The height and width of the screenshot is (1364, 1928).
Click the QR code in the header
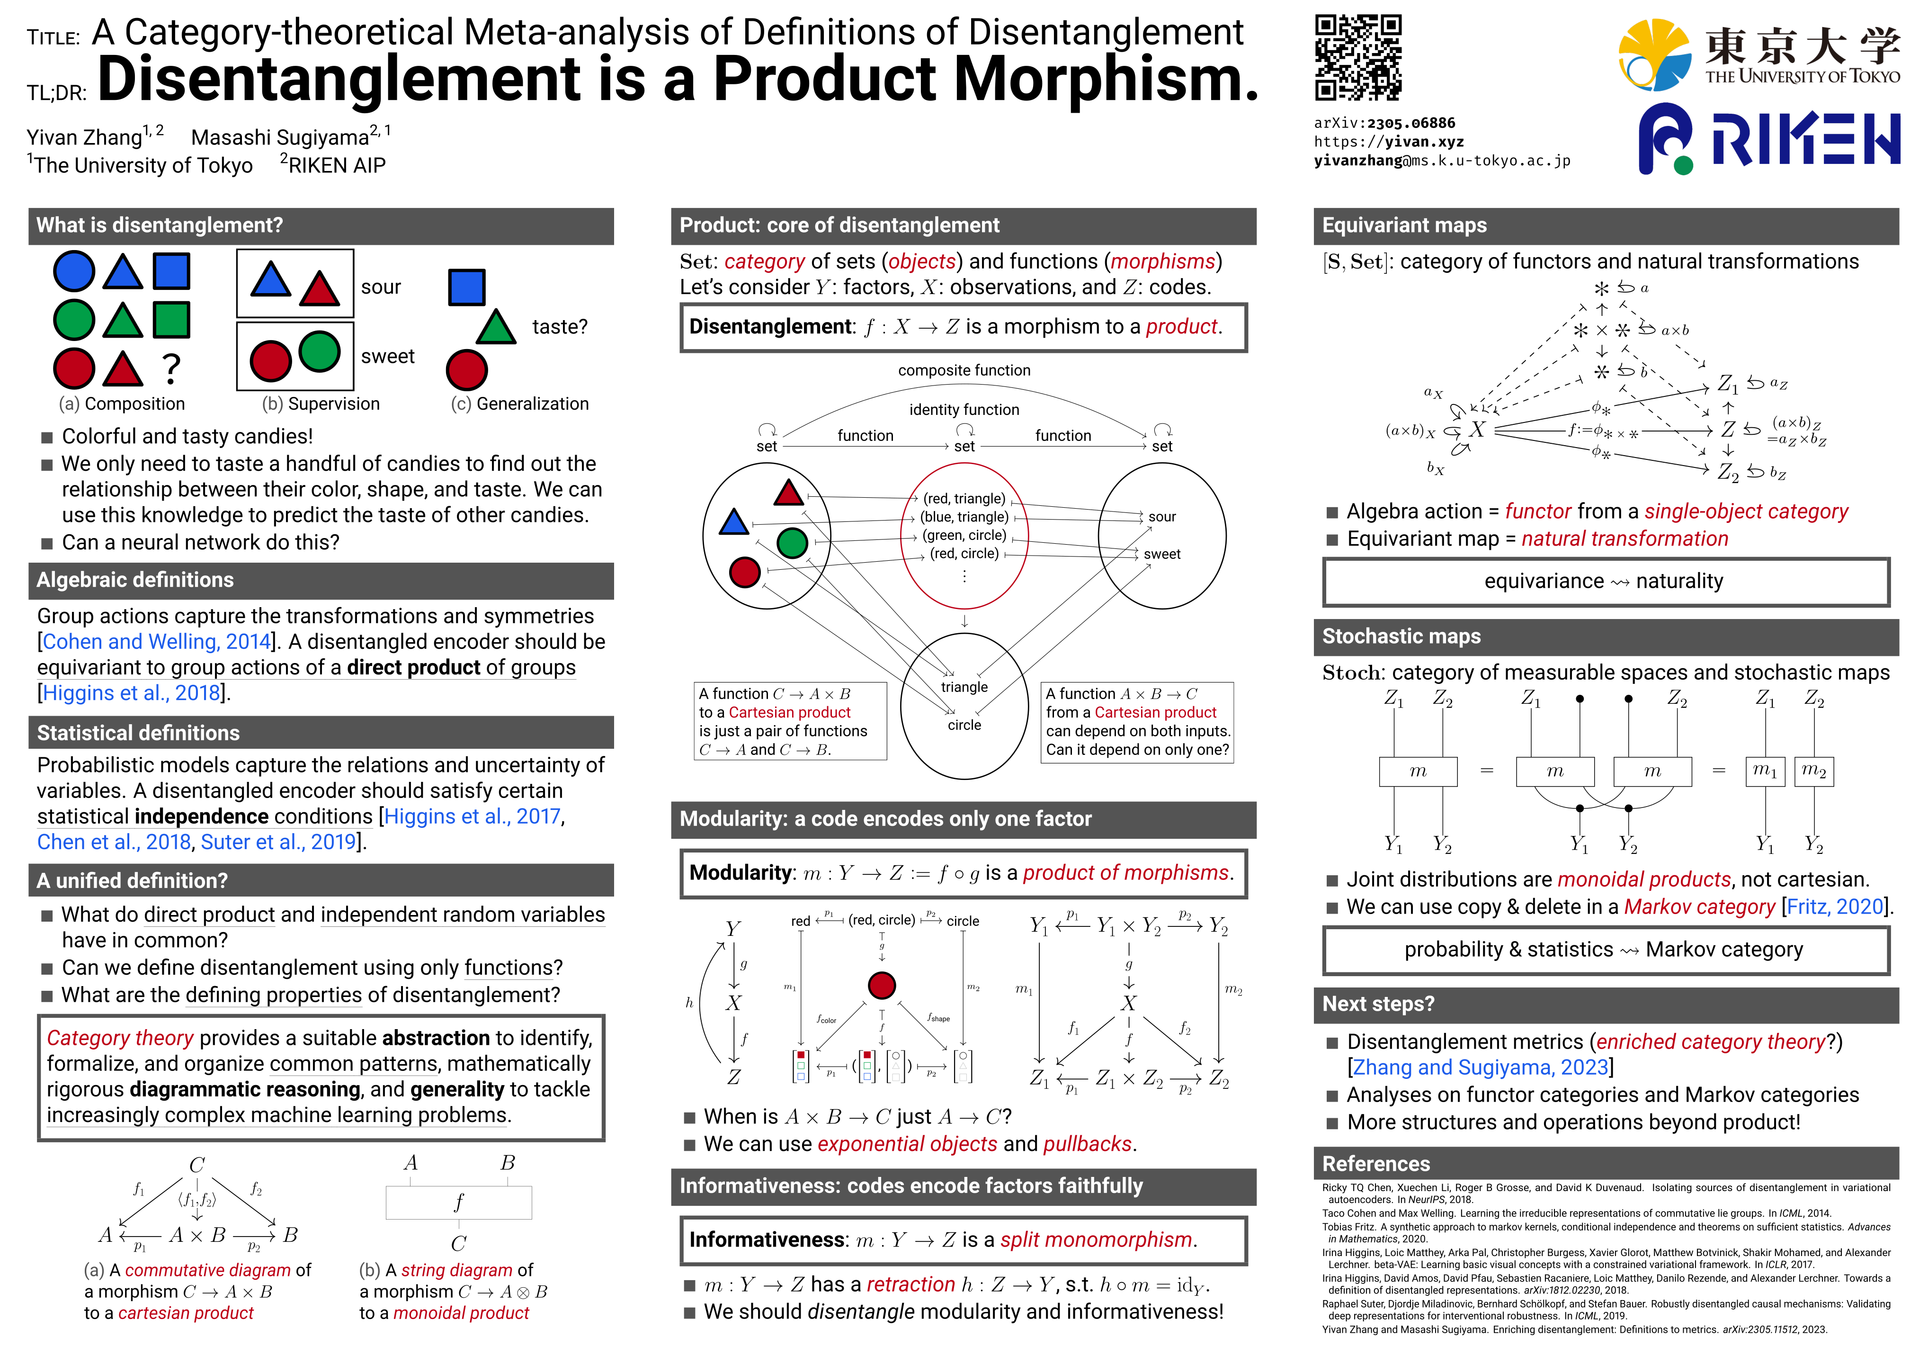click(x=1358, y=58)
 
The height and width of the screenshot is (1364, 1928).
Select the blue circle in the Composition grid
click(x=74, y=271)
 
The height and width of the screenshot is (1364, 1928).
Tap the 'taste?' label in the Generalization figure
click(x=559, y=327)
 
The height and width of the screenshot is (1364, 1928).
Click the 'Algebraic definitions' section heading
click(x=135, y=580)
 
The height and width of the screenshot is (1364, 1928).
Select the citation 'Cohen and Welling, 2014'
click(x=156, y=642)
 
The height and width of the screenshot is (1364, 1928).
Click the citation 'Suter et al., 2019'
click(x=279, y=842)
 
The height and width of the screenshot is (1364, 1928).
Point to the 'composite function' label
click(x=964, y=370)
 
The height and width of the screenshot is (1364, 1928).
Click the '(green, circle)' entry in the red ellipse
click(x=964, y=535)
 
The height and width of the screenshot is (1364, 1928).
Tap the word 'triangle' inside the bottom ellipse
click(x=964, y=687)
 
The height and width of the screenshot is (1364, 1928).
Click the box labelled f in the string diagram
click(x=458, y=1202)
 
